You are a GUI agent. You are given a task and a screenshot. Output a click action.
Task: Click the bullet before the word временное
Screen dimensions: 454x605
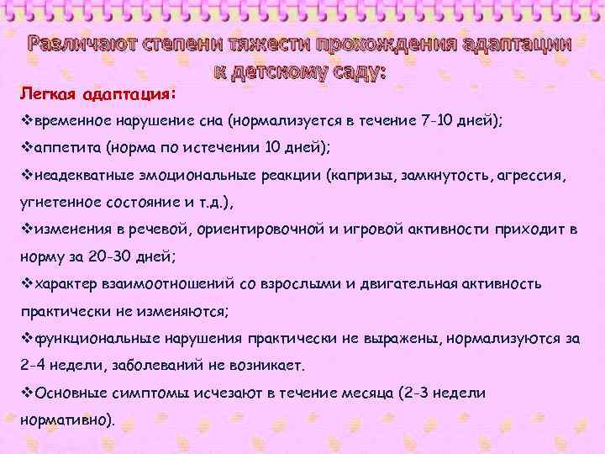click(x=25, y=120)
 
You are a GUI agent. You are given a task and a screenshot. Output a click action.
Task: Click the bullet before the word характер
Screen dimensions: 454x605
click(x=25, y=284)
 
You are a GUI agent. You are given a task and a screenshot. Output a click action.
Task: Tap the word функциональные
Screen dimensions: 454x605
click(x=96, y=339)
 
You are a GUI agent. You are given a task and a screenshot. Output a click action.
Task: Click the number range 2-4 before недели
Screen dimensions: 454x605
click(x=33, y=367)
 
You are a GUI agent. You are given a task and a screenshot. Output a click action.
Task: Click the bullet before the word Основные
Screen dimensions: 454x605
click(x=25, y=393)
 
